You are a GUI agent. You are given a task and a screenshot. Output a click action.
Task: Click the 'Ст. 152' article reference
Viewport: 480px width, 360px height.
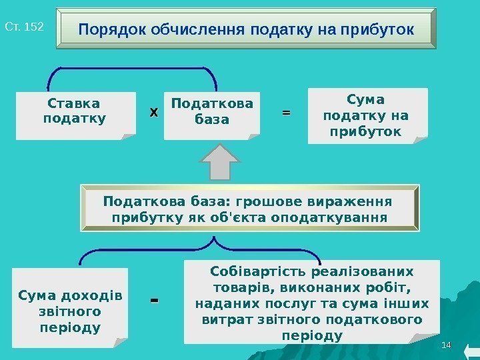[24, 27]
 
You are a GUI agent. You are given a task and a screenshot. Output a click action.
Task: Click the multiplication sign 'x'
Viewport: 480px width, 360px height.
[153, 113]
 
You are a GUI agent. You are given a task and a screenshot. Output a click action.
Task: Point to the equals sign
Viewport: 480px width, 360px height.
[286, 113]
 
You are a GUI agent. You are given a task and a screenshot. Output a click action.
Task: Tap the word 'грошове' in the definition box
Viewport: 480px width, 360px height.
[247, 201]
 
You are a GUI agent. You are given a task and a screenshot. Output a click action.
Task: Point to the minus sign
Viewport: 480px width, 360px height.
[155, 302]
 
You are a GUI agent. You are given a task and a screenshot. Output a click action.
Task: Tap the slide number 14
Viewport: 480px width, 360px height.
[447, 345]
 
